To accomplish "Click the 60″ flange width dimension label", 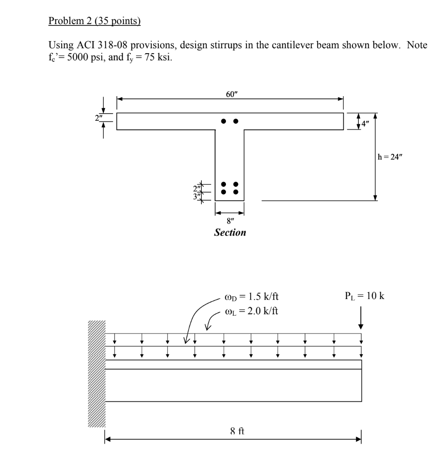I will (x=230, y=94).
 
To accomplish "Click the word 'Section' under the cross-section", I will (x=230, y=232).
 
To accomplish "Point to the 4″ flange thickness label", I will (x=365, y=122).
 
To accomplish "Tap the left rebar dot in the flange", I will (x=224, y=121).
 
